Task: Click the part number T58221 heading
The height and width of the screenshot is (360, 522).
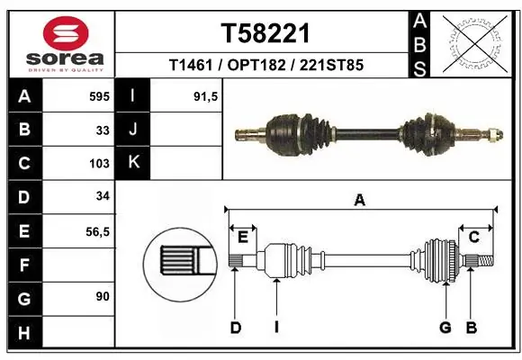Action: click(265, 33)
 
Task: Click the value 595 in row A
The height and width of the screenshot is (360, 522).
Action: click(99, 95)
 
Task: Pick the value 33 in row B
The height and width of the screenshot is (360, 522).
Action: click(103, 130)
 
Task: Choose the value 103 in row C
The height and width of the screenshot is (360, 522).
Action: click(99, 164)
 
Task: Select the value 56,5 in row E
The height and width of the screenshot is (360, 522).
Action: click(96, 231)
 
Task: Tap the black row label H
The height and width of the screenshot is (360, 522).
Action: click(23, 332)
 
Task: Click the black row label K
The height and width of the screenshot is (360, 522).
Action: click(133, 163)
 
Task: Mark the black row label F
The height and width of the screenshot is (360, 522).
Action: click(23, 265)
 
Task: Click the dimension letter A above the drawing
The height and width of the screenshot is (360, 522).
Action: click(360, 201)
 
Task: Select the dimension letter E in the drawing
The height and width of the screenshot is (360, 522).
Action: click(243, 237)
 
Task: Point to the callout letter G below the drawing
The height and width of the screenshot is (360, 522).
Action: click(445, 328)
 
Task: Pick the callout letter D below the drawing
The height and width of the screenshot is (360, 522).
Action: click(235, 328)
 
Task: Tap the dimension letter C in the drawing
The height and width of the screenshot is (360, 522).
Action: click(473, 237)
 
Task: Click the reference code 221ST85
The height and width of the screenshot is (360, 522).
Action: click(332, 66)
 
